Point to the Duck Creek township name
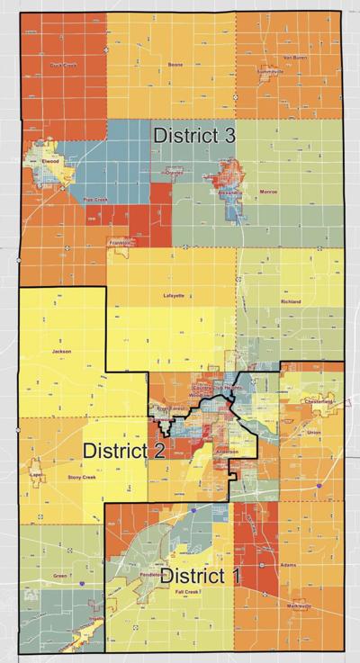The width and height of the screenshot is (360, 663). (63, 66)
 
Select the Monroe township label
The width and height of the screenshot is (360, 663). (268, 192)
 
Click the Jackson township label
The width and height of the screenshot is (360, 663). (61, 352)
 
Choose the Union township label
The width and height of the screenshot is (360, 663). (313, 434)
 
